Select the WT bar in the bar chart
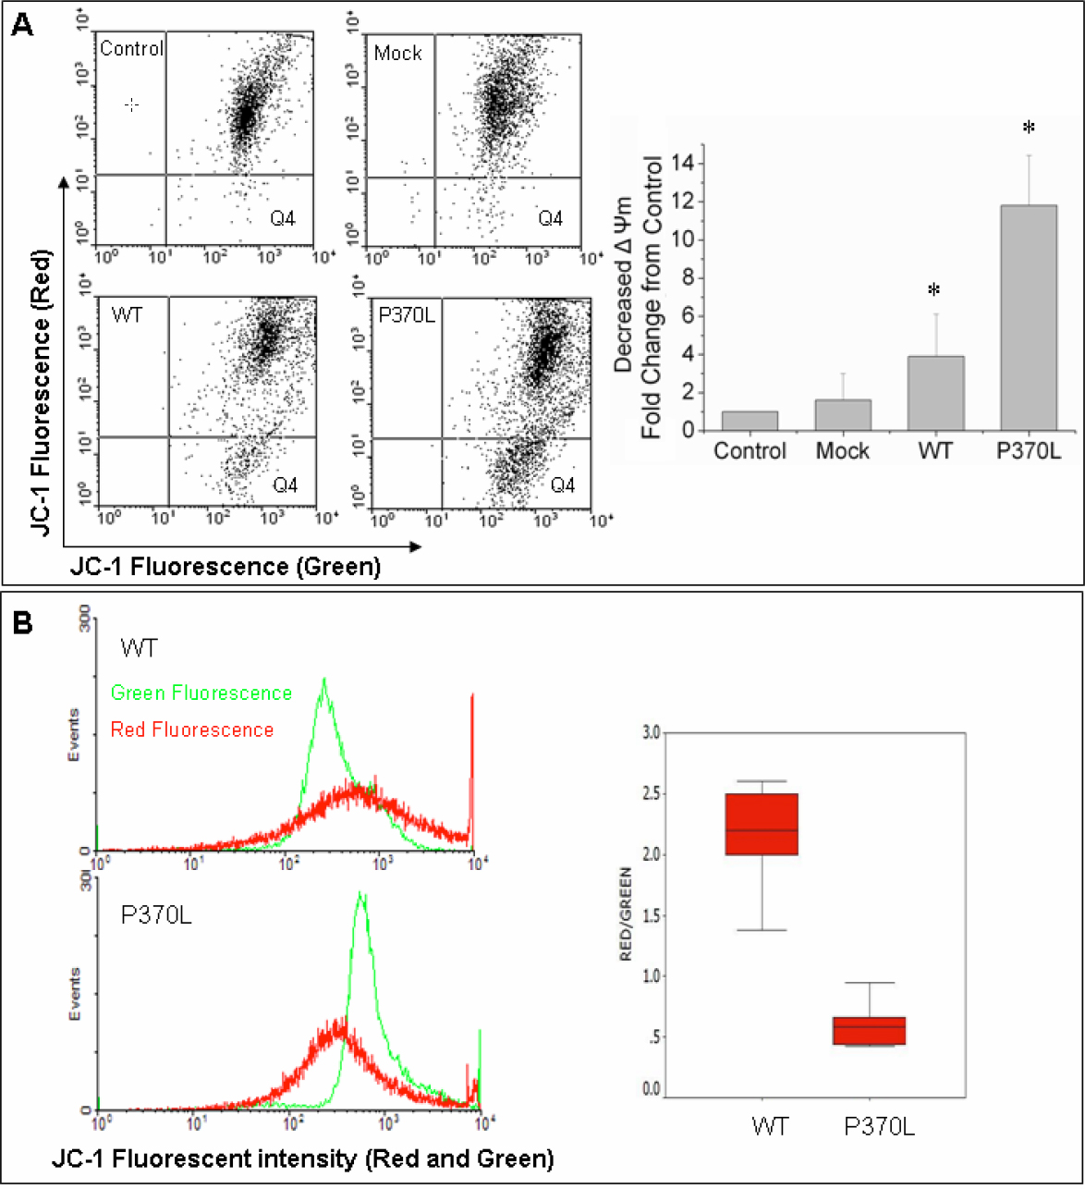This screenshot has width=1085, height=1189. (x=936, y=393)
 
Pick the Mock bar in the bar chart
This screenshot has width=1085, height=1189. (x=843, y=414)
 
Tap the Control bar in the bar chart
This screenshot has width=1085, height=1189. (x=750, y=421)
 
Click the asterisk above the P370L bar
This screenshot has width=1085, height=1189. (x=1029, y=128)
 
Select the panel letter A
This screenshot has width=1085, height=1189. (x=22, y=24)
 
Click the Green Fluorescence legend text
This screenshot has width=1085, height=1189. (x=201, y=693)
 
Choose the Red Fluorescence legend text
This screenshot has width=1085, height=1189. (x=192, y=729)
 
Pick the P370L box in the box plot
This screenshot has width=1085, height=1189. (x=870, y=1030)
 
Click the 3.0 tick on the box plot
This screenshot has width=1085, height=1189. (x=652, y=733)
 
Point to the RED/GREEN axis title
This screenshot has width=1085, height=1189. (x=626, y=913)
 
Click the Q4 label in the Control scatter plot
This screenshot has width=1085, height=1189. (x=283, y=219)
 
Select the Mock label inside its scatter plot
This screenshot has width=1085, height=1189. (x=398, y=54)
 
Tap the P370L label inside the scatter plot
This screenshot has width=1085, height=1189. (x=406, y=315)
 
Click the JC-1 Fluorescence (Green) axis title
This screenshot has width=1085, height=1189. (x=226, y=567)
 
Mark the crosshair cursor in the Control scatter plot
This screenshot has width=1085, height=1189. (x=131, y=104)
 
